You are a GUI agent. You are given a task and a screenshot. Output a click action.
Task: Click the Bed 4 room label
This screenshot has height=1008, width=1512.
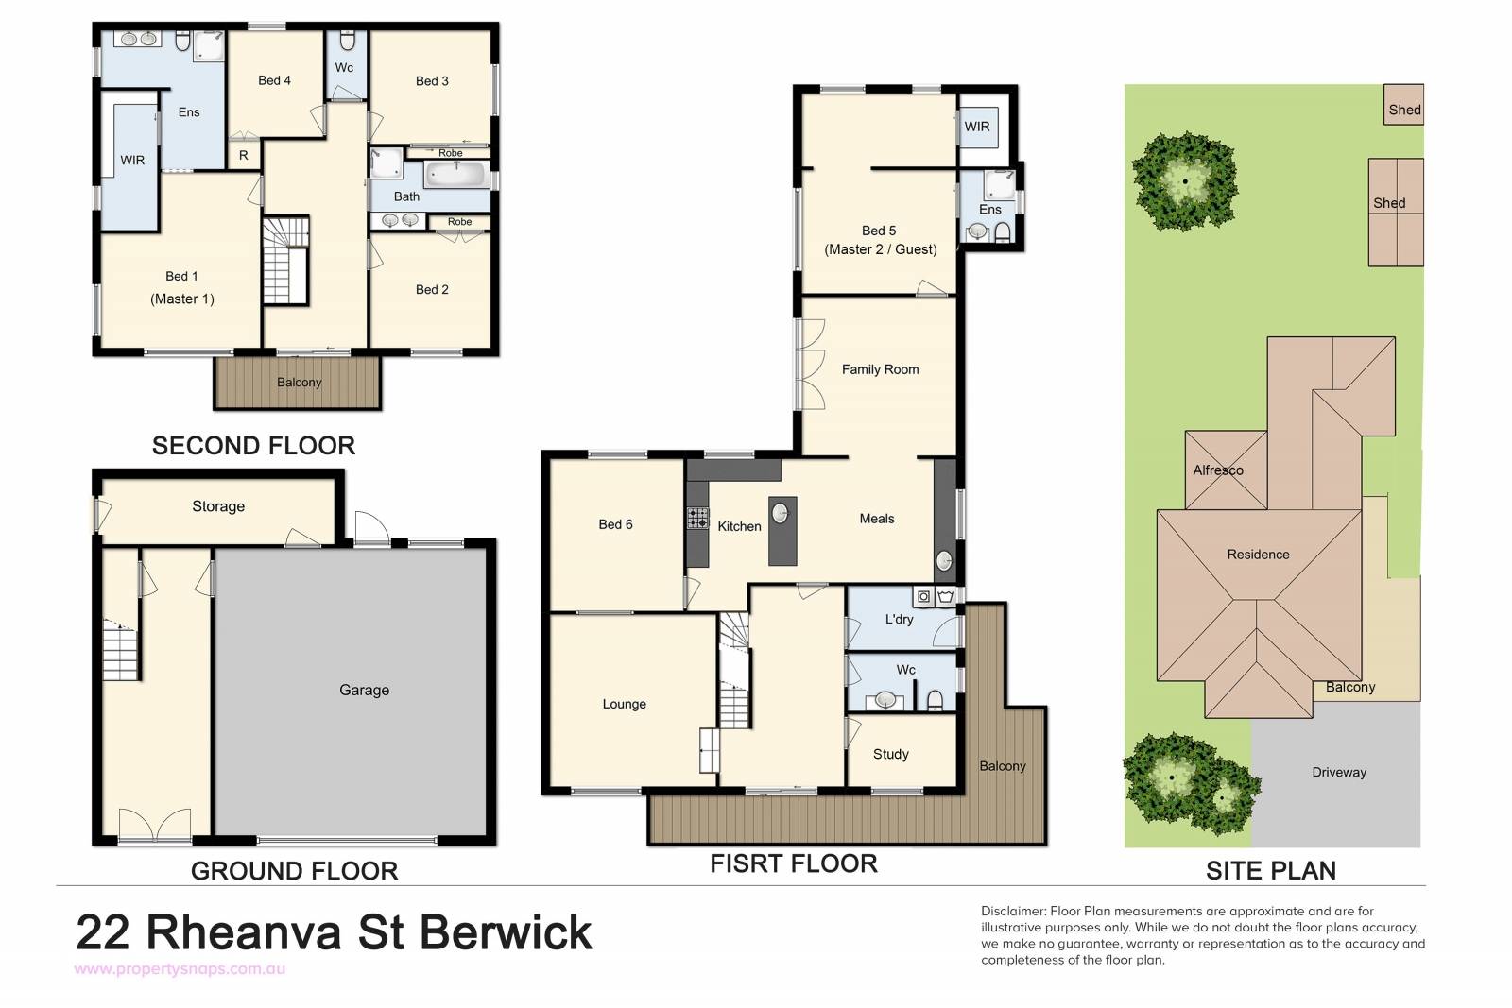pos(274,80)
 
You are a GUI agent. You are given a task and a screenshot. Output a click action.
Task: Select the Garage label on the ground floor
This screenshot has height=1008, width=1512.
pos(364,690)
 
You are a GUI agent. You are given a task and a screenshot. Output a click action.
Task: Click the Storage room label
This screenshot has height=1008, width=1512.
pos(218,506)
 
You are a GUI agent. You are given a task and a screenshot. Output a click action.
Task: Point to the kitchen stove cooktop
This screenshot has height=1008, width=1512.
pos(698,518)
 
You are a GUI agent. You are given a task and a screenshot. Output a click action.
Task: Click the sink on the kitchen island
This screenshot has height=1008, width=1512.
pos(781,513)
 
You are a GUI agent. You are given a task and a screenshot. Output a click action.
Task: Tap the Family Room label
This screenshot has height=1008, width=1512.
pos(880,369)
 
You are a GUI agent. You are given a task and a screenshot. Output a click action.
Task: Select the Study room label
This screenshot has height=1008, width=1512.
pos(890,754)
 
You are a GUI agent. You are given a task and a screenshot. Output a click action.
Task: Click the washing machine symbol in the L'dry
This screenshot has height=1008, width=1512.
pos(923,596)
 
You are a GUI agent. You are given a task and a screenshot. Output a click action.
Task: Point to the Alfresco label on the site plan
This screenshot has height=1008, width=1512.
pos(1218,470)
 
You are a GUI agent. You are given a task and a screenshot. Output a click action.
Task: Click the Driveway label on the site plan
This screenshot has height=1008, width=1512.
pos(1338,772)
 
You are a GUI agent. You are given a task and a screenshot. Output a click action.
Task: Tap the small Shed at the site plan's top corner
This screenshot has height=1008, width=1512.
pos(1403,104)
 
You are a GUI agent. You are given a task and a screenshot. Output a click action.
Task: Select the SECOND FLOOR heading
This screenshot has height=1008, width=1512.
pos(253,445)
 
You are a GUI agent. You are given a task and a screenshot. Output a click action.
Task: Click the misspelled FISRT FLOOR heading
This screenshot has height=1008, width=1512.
pos(793,863)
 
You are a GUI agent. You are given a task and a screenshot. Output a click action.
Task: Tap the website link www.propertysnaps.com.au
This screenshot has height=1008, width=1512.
pos(180,969)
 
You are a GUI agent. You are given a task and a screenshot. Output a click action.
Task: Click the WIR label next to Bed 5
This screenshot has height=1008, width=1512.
pos(977,127)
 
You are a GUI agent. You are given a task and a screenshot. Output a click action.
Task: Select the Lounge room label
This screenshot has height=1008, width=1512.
pos(624,704)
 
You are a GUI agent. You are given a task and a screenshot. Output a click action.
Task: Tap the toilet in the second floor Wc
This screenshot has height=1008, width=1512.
pos(347,41)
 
